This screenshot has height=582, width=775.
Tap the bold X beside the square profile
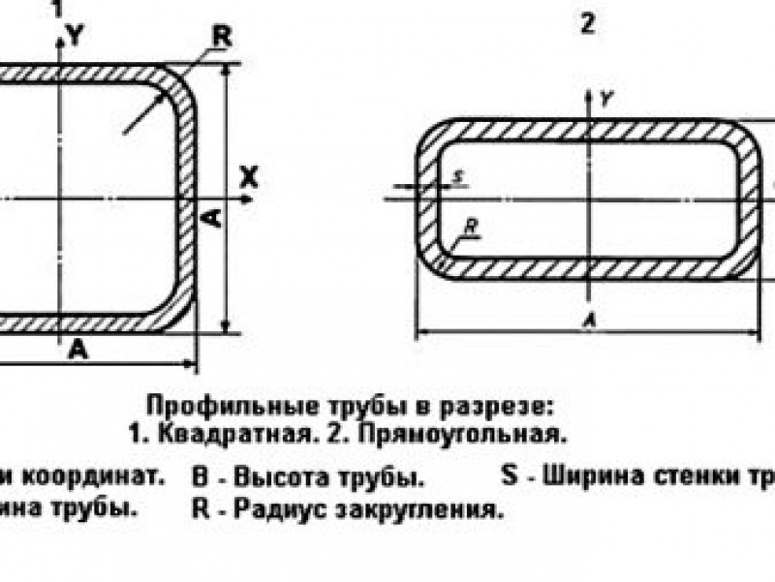coord(250,176)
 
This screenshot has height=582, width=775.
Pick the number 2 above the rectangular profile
coord(587,25)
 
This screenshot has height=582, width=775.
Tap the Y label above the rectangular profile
coord(604,98)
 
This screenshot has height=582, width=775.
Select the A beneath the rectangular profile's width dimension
coord(587,319)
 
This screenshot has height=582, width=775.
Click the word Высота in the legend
coord(266,479)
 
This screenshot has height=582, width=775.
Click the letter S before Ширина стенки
coord(511,475)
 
